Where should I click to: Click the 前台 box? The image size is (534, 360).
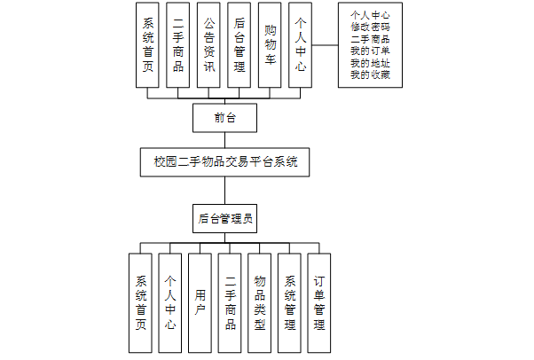[x=224, y=117]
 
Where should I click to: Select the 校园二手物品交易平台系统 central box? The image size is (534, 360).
[x=224, y=162]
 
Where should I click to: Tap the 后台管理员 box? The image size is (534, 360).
[x=224, y=217]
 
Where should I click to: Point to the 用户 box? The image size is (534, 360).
[x=201, y=303]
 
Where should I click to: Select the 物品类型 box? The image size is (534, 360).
[x=261, y=303]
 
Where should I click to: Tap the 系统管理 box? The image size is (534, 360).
[x=290, y=303]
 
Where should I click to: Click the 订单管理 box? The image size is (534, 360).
[x=319, y=303]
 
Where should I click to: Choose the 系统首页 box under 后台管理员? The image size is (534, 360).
[x=141, y=303]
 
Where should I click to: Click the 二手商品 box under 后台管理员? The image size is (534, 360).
[x=231, y=303]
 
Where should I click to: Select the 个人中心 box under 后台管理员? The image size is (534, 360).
[x=171, y=303]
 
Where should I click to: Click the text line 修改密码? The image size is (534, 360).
[x=371, y=27]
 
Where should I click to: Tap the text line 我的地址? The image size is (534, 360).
[x=371, y=62]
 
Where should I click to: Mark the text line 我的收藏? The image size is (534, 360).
[x=371, y=74]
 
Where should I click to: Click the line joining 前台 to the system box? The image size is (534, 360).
[x=224, y=139]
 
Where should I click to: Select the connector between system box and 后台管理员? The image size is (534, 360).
[x=224, y=190]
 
